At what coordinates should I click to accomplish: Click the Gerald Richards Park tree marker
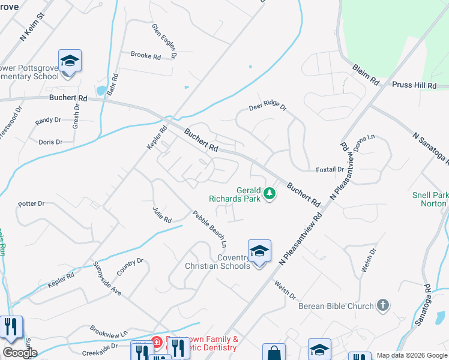(x=270, y=194)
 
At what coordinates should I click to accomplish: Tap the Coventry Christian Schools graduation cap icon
(x=259, y=251)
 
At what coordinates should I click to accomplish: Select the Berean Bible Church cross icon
(x=382, y=305)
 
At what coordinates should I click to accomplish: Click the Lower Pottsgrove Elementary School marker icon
(x=70, y=61)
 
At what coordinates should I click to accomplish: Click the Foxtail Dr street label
(x=330, y=170)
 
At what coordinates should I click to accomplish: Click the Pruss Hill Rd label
(x=414, y=85)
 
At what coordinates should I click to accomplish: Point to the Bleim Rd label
(x=366, y=74)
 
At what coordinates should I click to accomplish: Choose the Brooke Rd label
(x=146, y=56)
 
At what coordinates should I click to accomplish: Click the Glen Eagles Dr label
(x=164, y=41)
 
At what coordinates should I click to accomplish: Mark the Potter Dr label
(x=32, y=203)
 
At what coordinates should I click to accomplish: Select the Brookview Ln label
(x=109, y=332)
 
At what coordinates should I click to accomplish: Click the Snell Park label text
(x=430, y=195)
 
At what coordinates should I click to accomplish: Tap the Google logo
(x=20, y=353)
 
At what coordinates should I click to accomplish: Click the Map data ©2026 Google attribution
(x=412, y=355)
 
